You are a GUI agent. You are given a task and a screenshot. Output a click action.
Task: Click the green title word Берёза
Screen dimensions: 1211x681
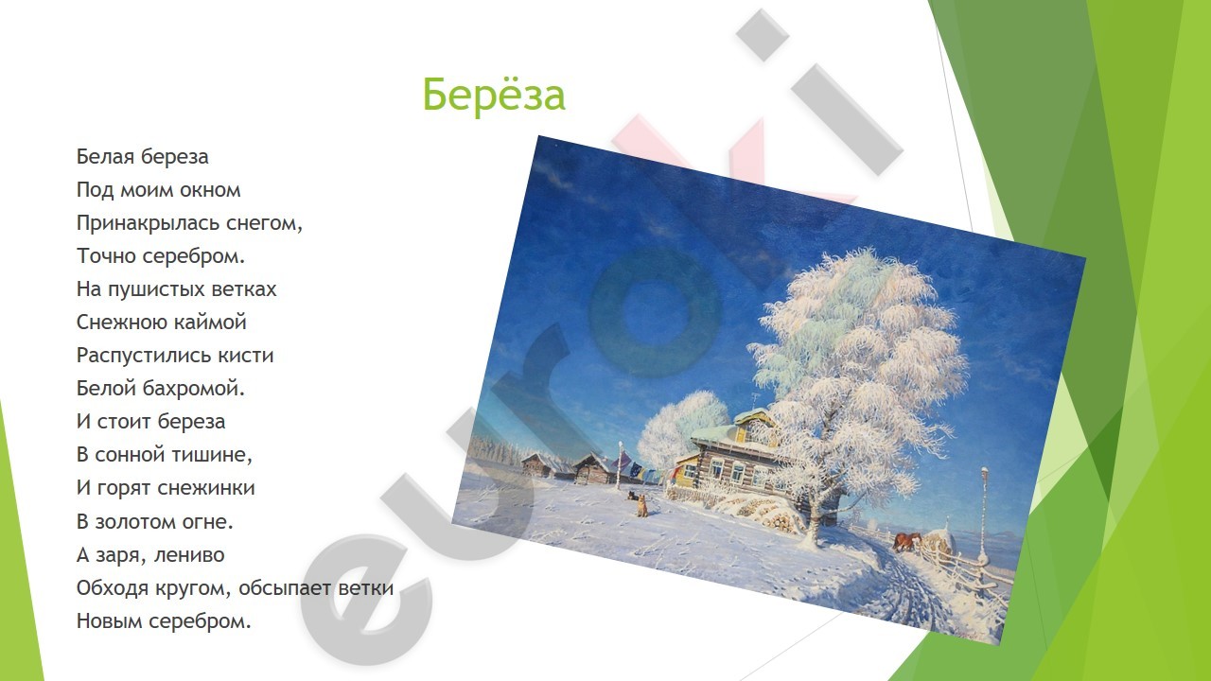(494, 94)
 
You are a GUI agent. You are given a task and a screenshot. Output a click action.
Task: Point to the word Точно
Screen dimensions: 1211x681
(106, 255)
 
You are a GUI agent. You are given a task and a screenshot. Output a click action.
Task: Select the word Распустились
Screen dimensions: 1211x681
(144, 356)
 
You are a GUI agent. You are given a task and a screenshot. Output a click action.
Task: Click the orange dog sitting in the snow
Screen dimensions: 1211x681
(642, 506)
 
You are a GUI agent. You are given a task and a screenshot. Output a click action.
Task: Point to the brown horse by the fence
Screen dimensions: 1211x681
(907, 541)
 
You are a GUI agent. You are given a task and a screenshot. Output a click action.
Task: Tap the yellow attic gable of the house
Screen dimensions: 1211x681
(756, 427)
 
